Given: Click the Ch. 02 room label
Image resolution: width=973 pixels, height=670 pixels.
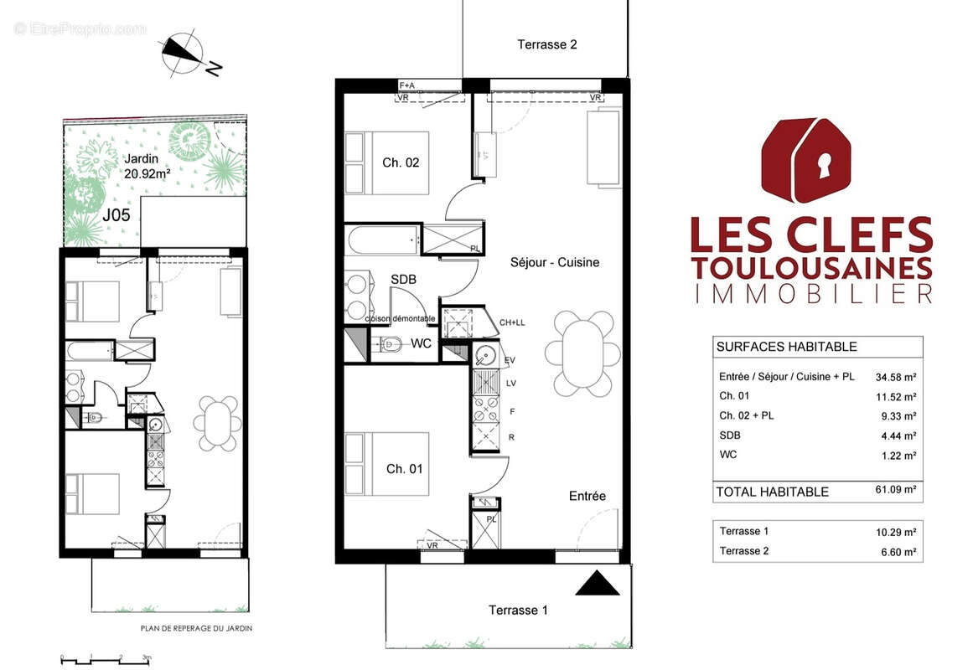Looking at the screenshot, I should tap(401, 162).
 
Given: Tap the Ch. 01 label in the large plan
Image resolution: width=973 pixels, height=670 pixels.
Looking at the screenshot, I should tap(404, 469).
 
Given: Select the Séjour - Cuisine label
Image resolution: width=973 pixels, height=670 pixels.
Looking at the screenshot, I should tap(555, 262).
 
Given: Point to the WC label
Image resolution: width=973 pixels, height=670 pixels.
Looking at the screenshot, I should tap(421, 344).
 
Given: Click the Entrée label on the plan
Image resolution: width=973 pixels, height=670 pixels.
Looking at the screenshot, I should tap(587, 496).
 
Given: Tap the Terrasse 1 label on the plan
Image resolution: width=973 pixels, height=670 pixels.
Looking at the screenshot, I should tap(518, 610).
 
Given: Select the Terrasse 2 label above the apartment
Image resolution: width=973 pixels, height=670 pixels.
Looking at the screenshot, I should tap(546, 44).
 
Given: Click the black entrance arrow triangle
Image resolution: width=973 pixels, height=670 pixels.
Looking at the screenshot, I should tap(598, 583).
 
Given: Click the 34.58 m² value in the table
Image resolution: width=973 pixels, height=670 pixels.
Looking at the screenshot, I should tap(895, 376).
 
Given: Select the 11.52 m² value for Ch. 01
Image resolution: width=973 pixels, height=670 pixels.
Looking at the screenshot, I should tap(895, 396).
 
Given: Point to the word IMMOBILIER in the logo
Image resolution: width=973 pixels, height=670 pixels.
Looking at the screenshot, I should tap(810, 293).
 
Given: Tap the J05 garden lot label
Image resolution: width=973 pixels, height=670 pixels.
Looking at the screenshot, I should tap(116, 214).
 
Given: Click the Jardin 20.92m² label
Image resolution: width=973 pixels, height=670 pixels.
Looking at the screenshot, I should tap(148, 166).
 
